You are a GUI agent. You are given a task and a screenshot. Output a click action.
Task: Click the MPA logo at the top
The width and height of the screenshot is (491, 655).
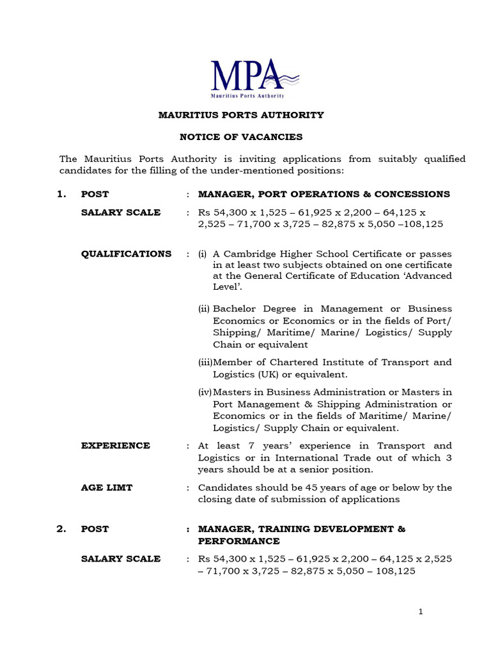click(254, 78)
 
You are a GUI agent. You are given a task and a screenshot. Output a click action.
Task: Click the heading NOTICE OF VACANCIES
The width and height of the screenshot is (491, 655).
click(241, 137)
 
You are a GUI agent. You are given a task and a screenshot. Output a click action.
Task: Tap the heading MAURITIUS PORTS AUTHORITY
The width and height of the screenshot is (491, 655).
click(241, 115)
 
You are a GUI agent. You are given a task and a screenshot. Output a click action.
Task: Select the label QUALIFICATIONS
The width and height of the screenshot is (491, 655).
click(126, 253)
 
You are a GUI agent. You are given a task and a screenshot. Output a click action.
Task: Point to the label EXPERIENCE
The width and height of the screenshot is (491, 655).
click(116, 445)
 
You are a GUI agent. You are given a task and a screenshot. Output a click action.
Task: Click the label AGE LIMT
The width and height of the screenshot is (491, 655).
click(107, 487)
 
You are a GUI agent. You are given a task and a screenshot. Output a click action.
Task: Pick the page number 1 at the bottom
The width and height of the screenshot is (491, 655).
click(421, 612)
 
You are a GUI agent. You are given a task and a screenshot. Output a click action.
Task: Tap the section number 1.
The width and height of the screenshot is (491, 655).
click(61, 194)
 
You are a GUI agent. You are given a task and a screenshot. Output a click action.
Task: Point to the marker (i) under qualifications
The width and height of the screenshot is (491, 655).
click(202, 253)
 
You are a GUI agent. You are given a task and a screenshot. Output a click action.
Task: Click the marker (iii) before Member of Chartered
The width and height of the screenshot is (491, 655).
click(205, 362)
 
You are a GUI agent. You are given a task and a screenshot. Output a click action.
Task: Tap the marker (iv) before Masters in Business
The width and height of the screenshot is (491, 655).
click(205, 392)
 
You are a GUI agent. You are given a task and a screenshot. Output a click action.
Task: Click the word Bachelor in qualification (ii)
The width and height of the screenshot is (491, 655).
click(236, 308)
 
